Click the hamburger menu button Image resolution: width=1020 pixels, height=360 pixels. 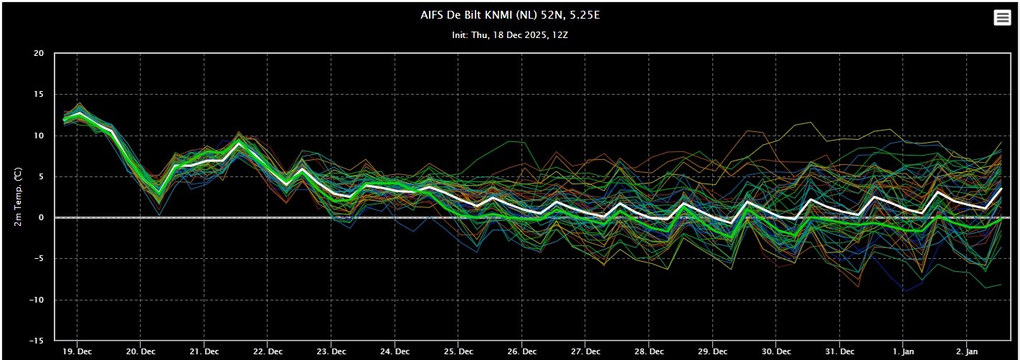coord(1002,18)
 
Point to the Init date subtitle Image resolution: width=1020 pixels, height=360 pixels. coord(510,34)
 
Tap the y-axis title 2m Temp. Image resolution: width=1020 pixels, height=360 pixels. coord(19,196)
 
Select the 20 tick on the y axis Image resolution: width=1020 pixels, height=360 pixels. coord(38,54)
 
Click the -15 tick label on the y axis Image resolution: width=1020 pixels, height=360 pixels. coord(36,341)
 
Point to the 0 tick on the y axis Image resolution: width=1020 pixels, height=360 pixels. coord(41,218)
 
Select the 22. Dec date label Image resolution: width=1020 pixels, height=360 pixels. coord(268,352)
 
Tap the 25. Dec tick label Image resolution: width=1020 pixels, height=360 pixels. coord(458,352)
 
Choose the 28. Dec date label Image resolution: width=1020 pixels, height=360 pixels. coord(649,352)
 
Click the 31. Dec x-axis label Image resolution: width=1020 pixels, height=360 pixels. coord(840,352)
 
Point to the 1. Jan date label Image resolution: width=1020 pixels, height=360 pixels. coord(904,352)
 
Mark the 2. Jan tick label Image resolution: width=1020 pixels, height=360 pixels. coord(967,352)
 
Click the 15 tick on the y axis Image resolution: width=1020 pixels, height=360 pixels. coord(38,95)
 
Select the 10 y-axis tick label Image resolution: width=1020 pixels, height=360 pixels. coord(38,136)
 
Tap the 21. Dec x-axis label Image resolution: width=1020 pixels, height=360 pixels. coord(204,352)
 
